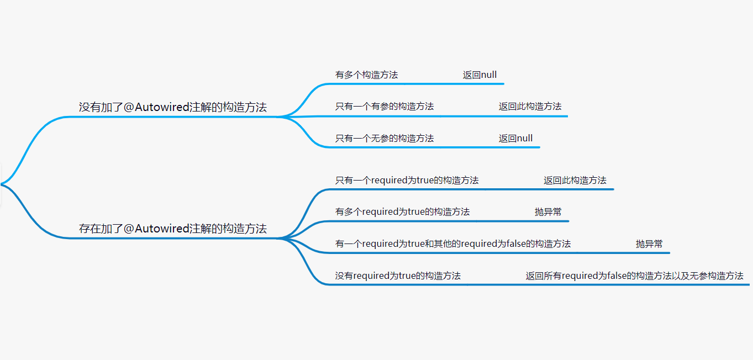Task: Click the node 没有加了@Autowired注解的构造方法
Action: coord(172,107)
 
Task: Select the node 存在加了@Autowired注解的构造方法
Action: coord(172,229)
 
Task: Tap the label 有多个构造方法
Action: coord(366,75)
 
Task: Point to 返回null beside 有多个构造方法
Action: coord(480,75)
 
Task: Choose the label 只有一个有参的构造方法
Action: coord(385,107)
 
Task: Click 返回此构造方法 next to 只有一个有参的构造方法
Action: coord(530,107)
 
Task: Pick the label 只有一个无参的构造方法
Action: coord(385,138)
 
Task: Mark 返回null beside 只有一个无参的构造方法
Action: coord(515,138)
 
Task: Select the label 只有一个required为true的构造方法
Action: coord(407,180)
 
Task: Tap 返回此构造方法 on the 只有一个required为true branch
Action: coord(575,180)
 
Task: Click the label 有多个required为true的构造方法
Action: coord(402,211)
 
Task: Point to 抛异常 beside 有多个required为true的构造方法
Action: coord(548,211)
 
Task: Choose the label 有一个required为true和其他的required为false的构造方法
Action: coord(452,243)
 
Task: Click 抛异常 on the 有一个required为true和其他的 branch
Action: coord(649,243)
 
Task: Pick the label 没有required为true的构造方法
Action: coord(398,276)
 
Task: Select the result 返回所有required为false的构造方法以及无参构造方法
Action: coord(634,276)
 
